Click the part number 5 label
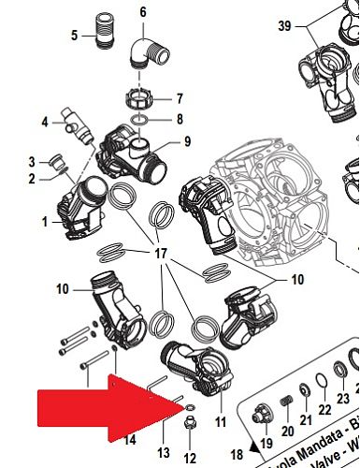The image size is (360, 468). [x=74, y=37]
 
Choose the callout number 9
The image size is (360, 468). [x=187, y=141]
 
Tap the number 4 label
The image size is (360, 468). [x=44, y=123]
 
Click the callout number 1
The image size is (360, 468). [x=43, y=222]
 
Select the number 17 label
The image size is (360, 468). [x=161, y=253]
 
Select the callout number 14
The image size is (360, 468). [x=130, y=438]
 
